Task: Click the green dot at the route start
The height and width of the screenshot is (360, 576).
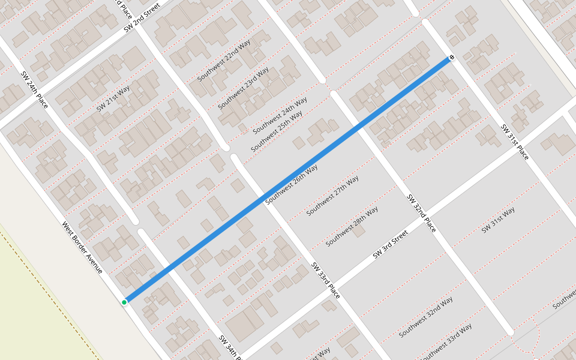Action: tap(124, 302)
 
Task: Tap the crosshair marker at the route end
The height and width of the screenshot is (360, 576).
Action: tap(452, 58)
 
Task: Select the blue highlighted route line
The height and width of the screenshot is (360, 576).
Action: tap(288, 180)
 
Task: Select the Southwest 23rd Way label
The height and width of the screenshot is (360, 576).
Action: tap(243, 88)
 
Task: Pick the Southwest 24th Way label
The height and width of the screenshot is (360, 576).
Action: tap(280, 114)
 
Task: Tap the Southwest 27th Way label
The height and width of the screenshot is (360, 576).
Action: tap(332, 196)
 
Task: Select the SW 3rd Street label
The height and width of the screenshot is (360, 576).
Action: tap(390, 244)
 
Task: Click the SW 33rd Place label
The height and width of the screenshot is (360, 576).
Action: tap(325, 281)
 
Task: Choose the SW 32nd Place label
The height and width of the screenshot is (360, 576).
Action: tap(421, 213)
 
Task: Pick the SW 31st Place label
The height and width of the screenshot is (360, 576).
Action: tap(515, 142)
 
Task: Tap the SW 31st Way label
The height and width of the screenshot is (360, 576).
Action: tap(498, 220)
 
